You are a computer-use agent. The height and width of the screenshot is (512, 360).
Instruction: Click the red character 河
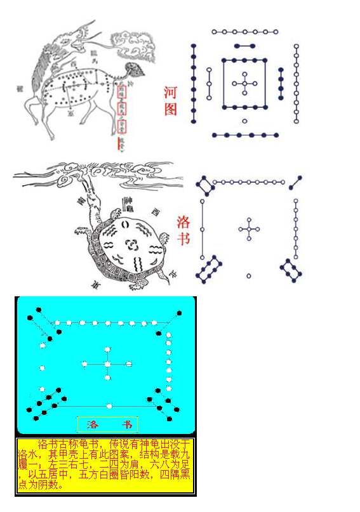coord(171,91)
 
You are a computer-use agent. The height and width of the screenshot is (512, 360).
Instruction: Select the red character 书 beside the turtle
coord(183,240)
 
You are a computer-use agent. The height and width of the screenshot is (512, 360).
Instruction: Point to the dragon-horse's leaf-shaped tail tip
coord(135,69)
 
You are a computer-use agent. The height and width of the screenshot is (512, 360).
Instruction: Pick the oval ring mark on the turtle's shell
coord(125,224)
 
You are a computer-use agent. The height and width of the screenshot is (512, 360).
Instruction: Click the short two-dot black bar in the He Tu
coord(244,46)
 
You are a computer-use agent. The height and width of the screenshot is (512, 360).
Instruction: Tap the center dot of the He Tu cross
coord(244,83)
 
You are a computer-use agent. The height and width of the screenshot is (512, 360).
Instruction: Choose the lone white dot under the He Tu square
coord(244,121)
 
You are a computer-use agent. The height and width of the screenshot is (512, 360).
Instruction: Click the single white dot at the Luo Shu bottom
coord(249,275)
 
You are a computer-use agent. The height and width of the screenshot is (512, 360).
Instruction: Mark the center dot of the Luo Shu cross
coord(249,229)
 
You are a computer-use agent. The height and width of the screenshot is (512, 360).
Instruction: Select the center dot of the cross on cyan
coord(107,364)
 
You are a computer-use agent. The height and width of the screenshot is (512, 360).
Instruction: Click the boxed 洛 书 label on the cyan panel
coord(107,424)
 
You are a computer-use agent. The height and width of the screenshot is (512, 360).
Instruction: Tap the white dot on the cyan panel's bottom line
coord(110,405)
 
